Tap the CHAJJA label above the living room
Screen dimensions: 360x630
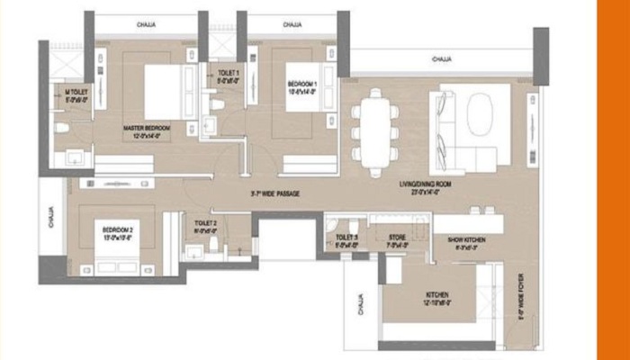[440, 59]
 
